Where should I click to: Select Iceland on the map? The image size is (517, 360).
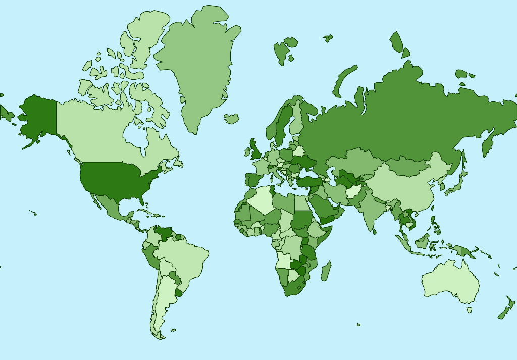coord(232,119)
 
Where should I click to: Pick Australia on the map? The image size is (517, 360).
coord(449,283)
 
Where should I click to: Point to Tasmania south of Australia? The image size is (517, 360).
coord(470,310)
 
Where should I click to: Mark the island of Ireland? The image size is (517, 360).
coord(248,151)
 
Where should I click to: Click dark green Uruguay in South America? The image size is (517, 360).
coord(178,292)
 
